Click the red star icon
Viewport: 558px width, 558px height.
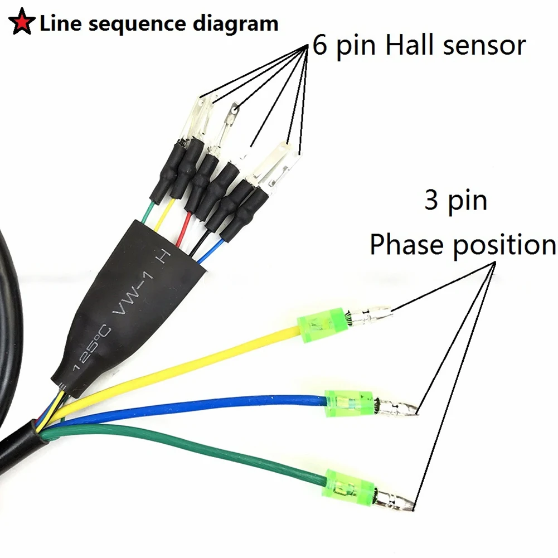pyautogui.click(x=21, y=24)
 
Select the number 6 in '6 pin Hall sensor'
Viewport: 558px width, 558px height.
pyautogui.click(x=320, y=45)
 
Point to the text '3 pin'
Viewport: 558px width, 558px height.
pyautogui.click(x=455, y=200)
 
